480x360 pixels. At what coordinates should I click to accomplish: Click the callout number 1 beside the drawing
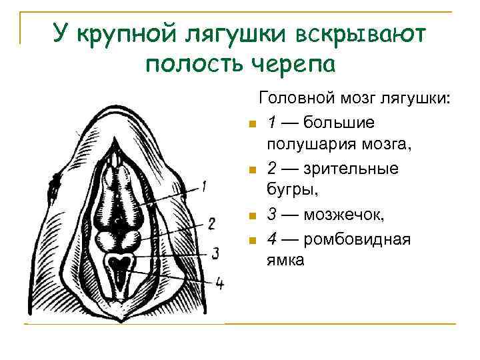click(204, 186)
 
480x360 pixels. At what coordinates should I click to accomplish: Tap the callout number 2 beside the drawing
click(211, 223)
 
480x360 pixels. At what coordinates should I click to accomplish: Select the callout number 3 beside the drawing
click(215, 253)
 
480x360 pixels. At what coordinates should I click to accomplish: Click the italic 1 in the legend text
click(271, 122)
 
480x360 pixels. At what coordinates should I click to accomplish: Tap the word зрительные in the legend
click(360, 168)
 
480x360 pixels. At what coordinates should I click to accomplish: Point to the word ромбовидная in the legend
click(357, 238)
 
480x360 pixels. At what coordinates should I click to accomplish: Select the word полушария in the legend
click(307, 145)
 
